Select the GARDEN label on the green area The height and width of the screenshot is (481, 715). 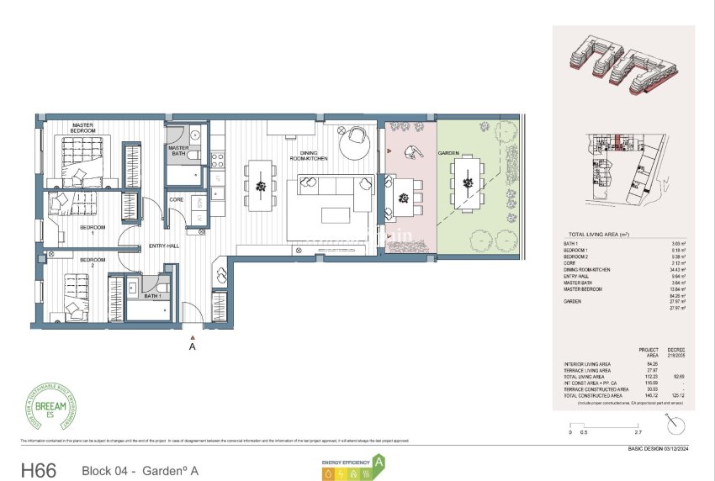click(448, 153)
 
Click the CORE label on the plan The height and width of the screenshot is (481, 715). click(177, 199)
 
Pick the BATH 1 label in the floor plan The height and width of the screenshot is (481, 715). click(152, 296)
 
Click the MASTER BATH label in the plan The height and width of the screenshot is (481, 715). click(178, 151)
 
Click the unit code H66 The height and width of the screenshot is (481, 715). click(38, 470)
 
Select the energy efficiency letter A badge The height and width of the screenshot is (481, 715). click(379, 462)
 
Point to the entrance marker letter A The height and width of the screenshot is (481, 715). click(193, 346)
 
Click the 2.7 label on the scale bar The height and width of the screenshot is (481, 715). click(614, 432)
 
